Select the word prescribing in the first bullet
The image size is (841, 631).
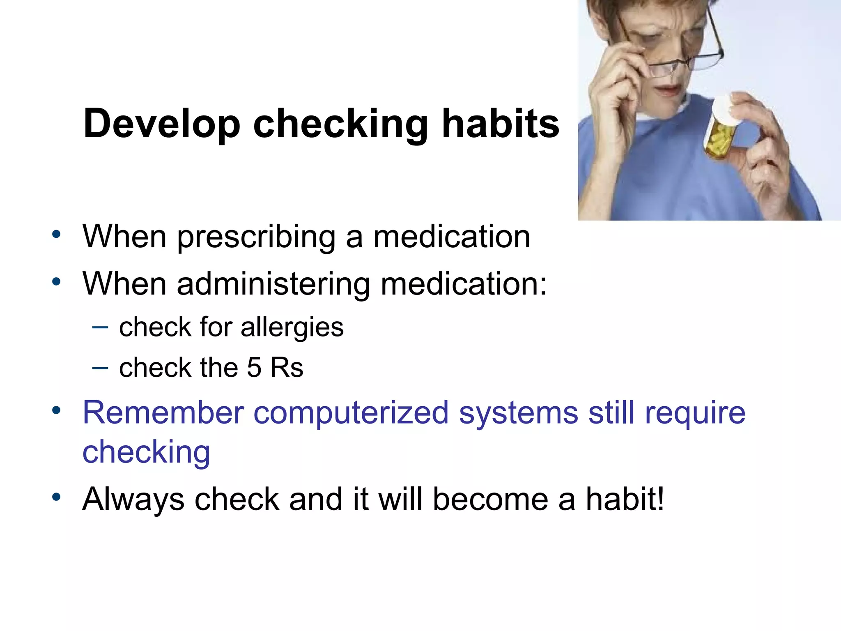click(256, 237)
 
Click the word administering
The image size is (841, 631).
click(273, 284)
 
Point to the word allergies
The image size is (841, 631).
click(292, 328)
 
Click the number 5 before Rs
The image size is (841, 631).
click(254, 367)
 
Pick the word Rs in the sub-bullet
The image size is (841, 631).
click(287, 367)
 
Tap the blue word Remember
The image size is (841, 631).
click(163, 412)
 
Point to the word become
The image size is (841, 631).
click(490, 499)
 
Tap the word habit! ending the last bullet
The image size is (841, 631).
click(624, 499)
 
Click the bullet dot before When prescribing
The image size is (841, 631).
click(56, 235)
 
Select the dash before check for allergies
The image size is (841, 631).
click(100, 327)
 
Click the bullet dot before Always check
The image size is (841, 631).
click(56, 497)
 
